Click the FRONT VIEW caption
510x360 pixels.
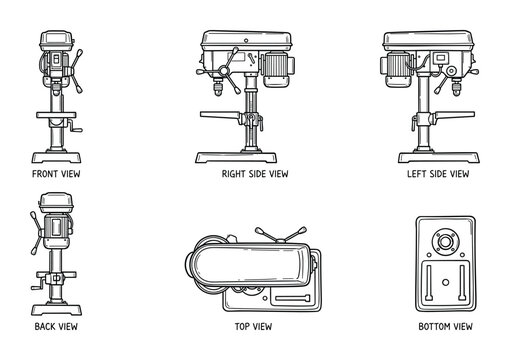(x=56, y=174)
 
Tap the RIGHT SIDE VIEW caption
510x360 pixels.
(x=255, y=174)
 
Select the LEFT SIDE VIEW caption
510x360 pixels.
(x=438, y=174)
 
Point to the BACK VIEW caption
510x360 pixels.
(x=56, y=326)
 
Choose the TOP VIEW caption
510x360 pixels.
(x=253, y=326)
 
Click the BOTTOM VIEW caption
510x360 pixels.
(x=445, y=326)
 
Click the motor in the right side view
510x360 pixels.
(x=277, y=69)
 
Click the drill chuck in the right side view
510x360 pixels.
(x=218, y=87)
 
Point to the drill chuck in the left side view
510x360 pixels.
(x=456, y=87)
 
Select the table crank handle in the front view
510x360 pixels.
(x=76, y=127)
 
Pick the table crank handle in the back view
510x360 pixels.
(x=38, y=285)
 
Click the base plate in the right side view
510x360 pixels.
(x=236, y=157)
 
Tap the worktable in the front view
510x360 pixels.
(x=56, y=115)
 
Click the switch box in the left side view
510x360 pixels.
(x=441, y=58)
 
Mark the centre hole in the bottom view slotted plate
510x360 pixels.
(x=445, y=282)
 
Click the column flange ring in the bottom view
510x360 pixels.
(x=445, y=241)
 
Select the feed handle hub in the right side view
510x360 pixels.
(x=223, y=70)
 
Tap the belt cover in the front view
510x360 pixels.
(x=56, y=41)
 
